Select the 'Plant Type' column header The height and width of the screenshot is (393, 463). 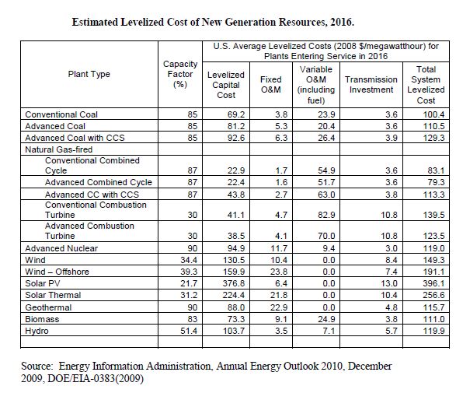click(89, 75)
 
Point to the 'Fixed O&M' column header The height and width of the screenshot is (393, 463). click(270, 85)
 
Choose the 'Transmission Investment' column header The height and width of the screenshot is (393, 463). click(371, 85)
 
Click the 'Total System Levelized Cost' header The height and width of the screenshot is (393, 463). click(426, 85)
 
